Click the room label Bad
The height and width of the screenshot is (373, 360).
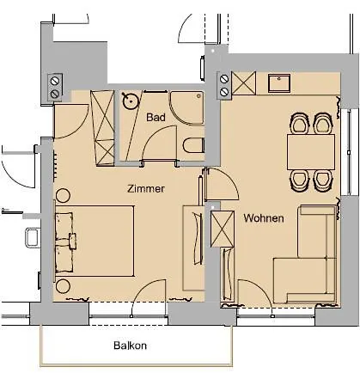[x=156, y=117]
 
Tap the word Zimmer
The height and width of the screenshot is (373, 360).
[x=145, y=187]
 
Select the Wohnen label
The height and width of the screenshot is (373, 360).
[x=263, y=218]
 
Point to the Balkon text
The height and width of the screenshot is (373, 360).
[x=131, y=346]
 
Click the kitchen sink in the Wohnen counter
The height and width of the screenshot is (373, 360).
[x=281, y=83]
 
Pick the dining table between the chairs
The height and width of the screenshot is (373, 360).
[x=310, y=151]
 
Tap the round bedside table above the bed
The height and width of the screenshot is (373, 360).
[x=65, y=195]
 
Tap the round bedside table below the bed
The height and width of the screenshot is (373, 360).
[x=65, y=286]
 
